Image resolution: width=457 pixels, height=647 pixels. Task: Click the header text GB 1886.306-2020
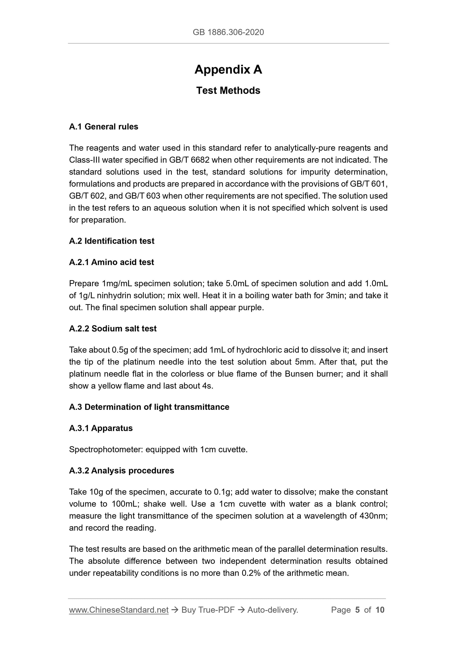coord(228,32)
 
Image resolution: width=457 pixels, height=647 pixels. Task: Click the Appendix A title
coord(228,69)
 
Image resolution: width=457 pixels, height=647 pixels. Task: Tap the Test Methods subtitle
coord(228,90)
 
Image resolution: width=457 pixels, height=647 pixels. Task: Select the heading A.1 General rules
coord(104,127)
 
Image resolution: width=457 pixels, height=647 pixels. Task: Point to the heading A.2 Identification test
coord(112,241)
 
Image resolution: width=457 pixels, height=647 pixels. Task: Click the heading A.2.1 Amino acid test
coord(112,262)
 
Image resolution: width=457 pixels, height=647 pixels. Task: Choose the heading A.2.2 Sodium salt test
coord(113,329)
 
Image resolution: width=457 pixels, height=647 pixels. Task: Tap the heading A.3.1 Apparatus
coord(101,428)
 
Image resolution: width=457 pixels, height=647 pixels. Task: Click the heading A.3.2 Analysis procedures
coord(122,471)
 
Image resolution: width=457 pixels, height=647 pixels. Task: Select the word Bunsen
coord(298,374)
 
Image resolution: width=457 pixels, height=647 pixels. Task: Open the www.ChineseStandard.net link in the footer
coord(119,610)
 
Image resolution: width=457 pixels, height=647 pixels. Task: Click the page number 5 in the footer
coord(357,610)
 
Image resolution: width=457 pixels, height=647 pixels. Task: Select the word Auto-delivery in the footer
coord(272,610)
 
